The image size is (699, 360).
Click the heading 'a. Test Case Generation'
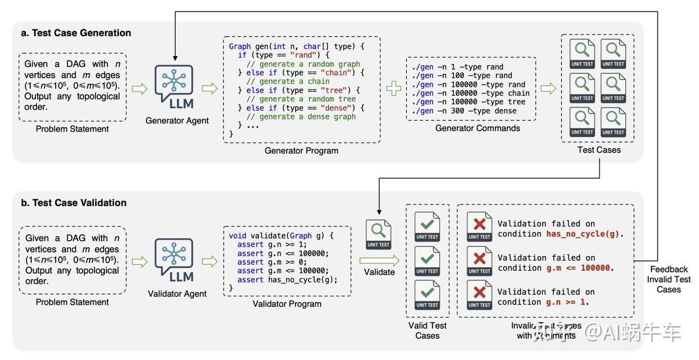(76, 33)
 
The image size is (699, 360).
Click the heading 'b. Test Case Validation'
(74, 203)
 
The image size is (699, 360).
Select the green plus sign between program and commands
(394, 89)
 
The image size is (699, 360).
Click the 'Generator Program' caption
(301, 151)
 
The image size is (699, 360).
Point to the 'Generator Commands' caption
(477, 128)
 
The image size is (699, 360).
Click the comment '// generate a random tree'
(301, 99)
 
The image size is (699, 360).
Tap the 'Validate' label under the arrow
(379, 272)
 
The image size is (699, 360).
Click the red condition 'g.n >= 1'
(567, 302)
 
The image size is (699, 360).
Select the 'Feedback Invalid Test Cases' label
(668, 279)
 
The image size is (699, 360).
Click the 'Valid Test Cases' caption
(427, 331)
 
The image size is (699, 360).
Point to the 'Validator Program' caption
(287, 304)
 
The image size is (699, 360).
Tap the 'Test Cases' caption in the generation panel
(599, 150)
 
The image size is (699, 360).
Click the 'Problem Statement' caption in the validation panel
(72, 302)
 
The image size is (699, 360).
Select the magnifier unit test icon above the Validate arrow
(378, 234)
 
